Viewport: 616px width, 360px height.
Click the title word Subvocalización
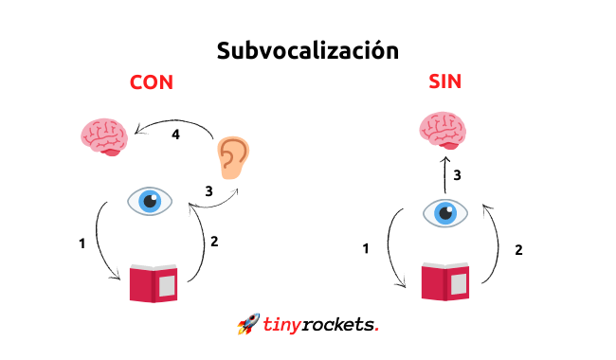308,51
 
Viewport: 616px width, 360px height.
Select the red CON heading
152,82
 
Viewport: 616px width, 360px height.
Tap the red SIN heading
444,81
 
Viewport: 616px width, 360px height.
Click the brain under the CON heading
104,137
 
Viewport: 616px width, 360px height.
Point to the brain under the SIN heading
443,131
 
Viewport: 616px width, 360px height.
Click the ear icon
233,157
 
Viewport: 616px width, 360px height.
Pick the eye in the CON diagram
150,201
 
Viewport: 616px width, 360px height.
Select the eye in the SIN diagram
445,213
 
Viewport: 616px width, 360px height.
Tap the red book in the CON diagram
154,283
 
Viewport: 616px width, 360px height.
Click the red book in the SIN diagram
445,281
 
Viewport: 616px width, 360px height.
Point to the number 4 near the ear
175,135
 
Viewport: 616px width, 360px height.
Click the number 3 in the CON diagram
209,191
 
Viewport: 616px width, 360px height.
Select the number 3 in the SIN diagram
457,175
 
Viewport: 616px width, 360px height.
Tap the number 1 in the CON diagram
82,243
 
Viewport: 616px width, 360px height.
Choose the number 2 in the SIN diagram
518,250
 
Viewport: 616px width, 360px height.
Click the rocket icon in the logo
248,324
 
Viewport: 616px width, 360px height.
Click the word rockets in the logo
337,325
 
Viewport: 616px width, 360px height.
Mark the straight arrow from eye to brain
445,174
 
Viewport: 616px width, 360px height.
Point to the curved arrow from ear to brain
174,122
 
